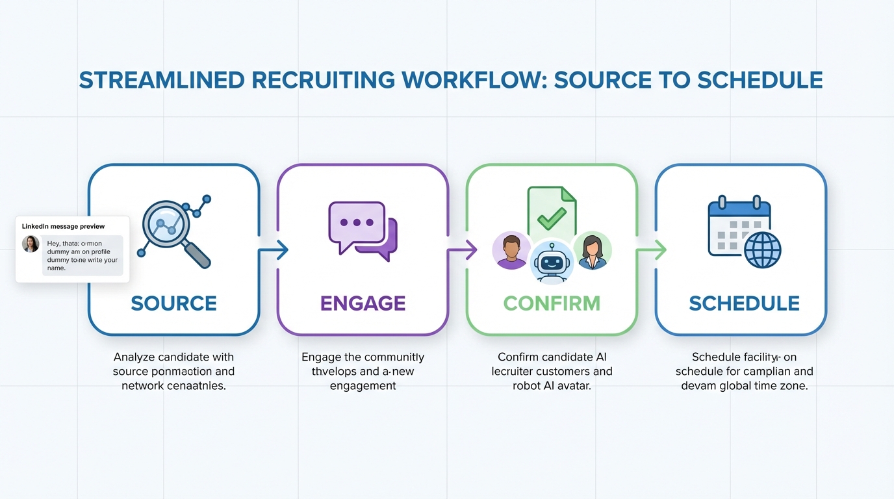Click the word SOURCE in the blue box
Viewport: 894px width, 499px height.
[173, 303]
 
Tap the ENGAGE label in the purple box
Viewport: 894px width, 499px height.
[363, 303]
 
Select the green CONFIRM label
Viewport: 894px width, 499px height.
[552, 303]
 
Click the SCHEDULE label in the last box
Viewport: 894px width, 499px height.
[744, 303]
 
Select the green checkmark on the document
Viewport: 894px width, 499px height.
[552, 218]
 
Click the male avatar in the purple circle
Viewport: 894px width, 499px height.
[511, 250]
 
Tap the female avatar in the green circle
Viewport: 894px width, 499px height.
[592, 251]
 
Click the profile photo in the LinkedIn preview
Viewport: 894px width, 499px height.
[31, 244]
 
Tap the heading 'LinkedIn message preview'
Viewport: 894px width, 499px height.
[63, 226]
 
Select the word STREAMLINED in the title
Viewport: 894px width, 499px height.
[159, 80]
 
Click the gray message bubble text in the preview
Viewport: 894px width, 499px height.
[83, 255]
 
